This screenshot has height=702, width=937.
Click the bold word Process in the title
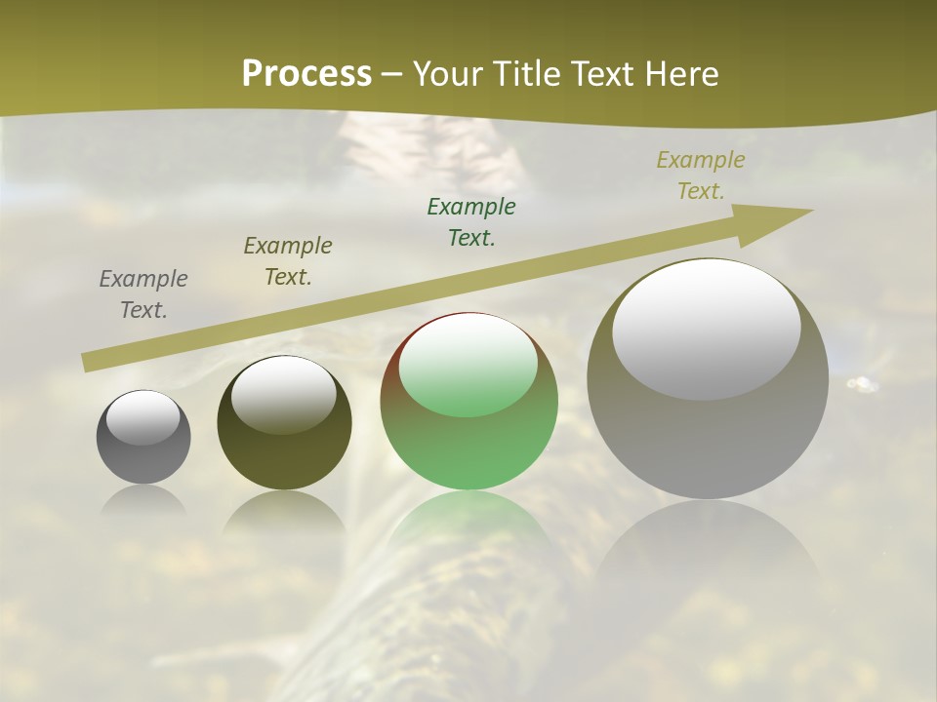point(306,73)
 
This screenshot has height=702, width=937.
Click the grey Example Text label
point(143,294)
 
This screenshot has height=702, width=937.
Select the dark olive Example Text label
point(288,261)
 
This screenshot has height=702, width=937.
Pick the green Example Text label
point(471,222)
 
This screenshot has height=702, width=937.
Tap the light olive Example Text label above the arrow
point(701,175)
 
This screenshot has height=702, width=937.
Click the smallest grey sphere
point(143,453)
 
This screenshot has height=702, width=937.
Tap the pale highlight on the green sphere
point(468,365)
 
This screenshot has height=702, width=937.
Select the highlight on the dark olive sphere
point(284,395)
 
